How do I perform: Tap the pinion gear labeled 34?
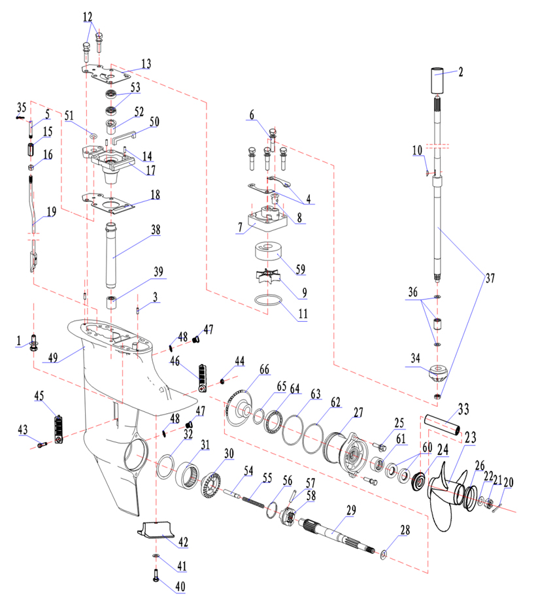(x=437, y=377)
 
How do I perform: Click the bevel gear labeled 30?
(x=213, y=484)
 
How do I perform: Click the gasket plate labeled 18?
(x=108, y=203)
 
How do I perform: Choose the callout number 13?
(x=145, y=63)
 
